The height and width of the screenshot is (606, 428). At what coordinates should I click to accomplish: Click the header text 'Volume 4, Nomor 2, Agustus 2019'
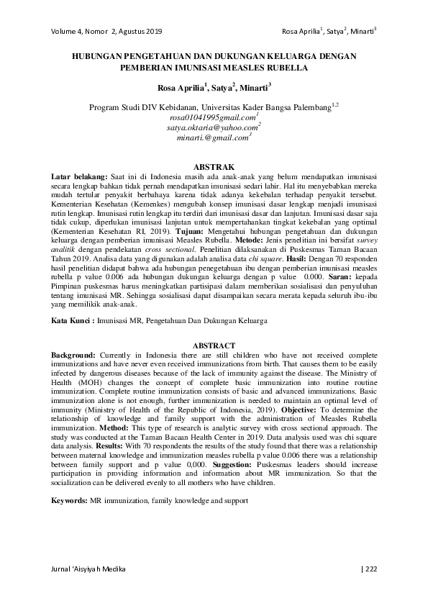pyautogui.click(x=106, y=32)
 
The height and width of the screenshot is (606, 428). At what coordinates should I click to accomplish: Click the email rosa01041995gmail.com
pyautogui.click(x=213, y=117)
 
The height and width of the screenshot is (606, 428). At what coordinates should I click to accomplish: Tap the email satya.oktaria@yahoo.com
pyautogui.click(x=213, y=127)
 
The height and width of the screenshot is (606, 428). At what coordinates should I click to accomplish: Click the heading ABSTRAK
pyautogui.click(x=214, y=166)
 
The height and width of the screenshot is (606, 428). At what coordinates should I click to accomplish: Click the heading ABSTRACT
pyautogui.click(x=214, y=345)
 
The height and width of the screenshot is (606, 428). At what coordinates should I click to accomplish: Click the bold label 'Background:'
pyautogui.click(x=74, y=355)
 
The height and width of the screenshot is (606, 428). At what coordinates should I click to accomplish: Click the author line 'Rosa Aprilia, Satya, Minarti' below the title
pyautogui.click(x=214, y=90)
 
